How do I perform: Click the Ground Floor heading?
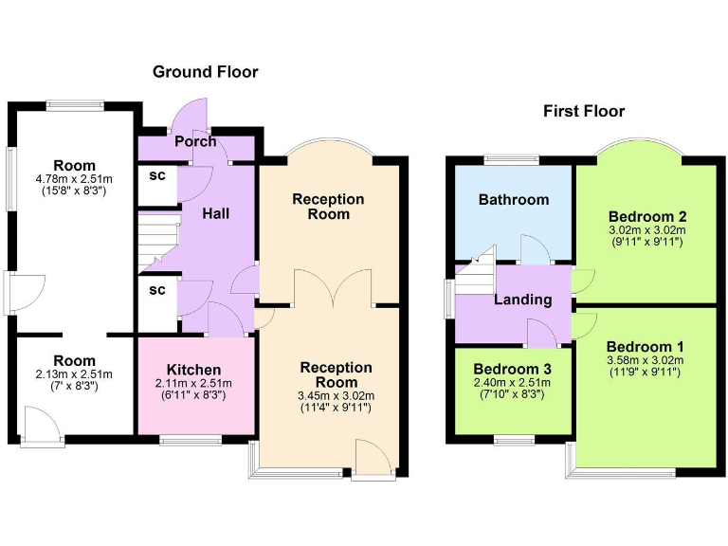tap(205, 72)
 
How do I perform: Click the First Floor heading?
tap(583, 112)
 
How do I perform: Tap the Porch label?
tap(195, 142)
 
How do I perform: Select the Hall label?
tap(216, 214)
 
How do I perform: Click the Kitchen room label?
tap(194, 370)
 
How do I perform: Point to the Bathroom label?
tap(513, 200)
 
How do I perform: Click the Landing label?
tap(522, 300)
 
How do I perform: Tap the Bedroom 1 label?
tap(645, 346)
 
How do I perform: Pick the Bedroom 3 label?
tap(513, 369)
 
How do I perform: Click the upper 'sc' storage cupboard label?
tap(157, 176)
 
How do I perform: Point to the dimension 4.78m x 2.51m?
tap(74, 179)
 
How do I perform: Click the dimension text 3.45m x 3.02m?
tap(337, 395)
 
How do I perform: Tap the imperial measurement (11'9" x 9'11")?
tap(645, 373)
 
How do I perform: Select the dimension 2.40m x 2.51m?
tap(513, 383)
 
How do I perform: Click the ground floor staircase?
tap(156, 240)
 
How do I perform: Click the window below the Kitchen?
tap(190, 440)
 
